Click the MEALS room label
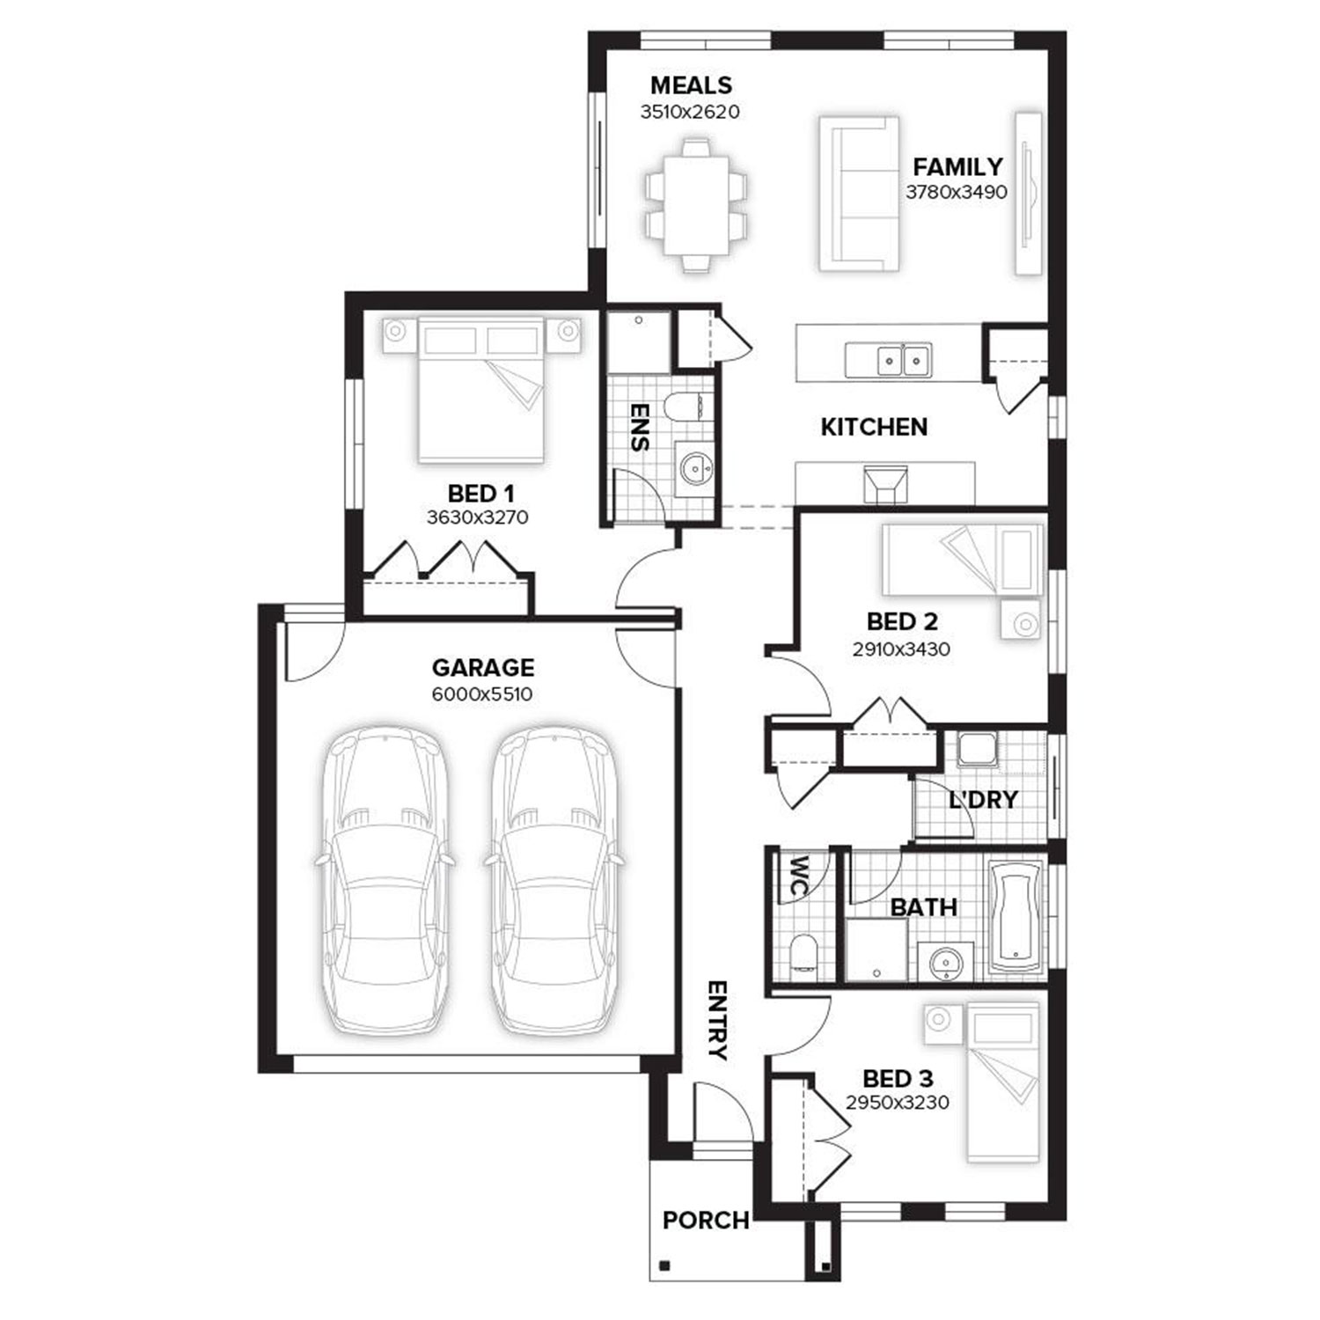[691, 85]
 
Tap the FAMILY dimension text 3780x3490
[957, 192]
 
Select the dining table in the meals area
[696, 205]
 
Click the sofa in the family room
[859, 194]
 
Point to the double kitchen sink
[888, 360]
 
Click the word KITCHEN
[874, 427]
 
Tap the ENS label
[641, 427]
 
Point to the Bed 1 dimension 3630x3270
[478, 517]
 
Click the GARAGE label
[482, 668]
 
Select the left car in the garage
[386, 881]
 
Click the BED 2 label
[902, 622]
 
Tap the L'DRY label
[983, 800]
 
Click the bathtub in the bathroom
[1016, 916]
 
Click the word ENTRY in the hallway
[717, 1021]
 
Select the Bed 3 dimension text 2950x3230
[898, 1103]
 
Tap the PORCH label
[706, 1221]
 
